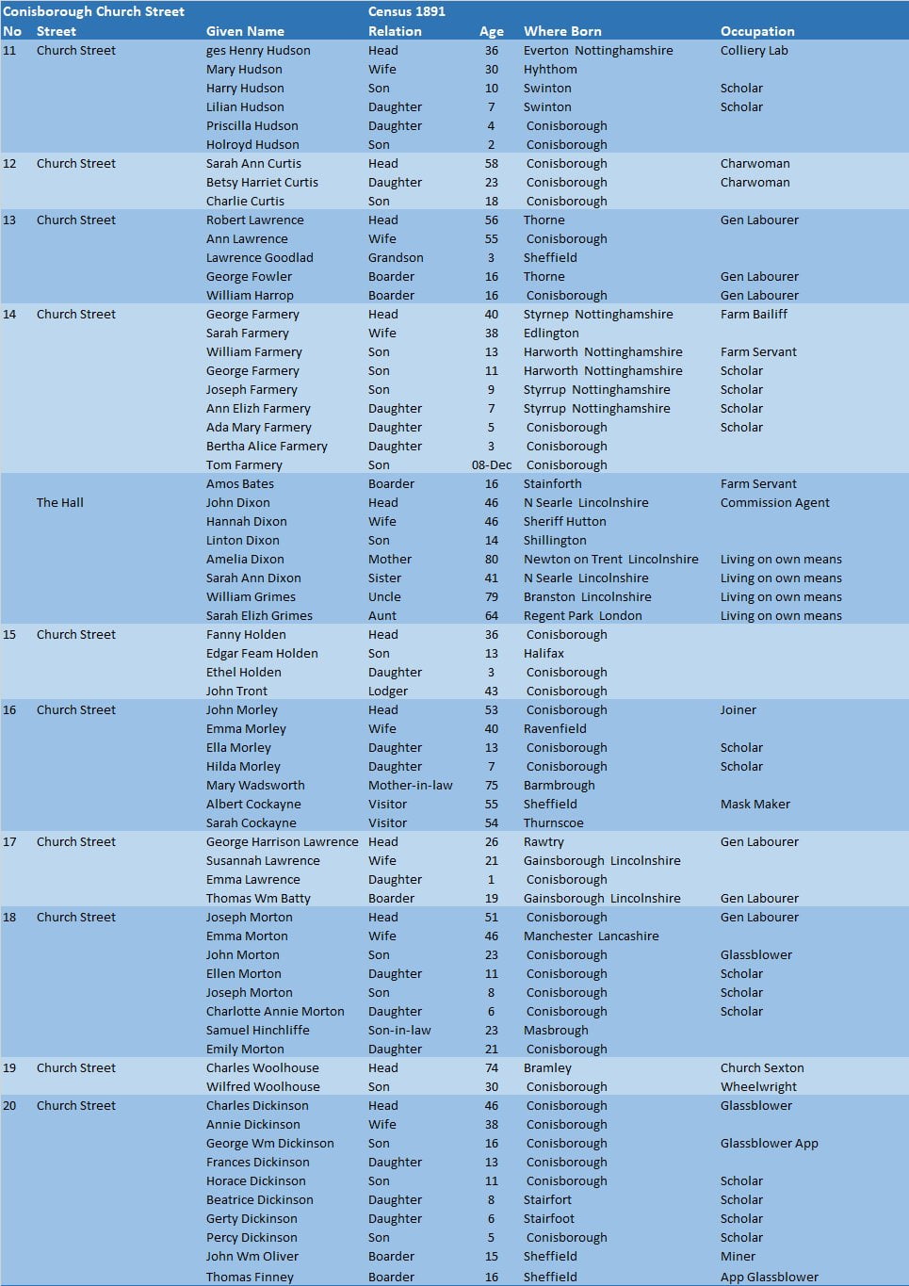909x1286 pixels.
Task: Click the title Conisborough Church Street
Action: click(x=93, y=12)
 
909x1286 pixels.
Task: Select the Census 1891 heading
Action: click(x=406, y=12)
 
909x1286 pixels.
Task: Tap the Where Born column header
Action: click(x=561, y=31)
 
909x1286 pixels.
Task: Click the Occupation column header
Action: click(x=756, y=31)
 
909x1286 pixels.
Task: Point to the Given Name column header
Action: click(x=245, y=31)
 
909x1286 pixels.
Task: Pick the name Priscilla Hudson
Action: click(x=252, y=125)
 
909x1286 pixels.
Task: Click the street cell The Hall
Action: click(x=59, y=502)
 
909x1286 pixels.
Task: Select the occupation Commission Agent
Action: click(x=774, y=502)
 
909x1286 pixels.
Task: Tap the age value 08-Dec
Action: click(x=491, y=464)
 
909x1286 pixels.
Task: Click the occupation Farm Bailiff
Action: click(x=754, y=314)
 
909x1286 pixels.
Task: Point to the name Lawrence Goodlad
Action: click(x=259, y=257)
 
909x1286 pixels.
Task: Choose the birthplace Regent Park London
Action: click(x=582, y=615)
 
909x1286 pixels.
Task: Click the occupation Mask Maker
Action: click(x=755, y=804)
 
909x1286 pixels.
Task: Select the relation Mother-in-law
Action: click(x=410, y=785)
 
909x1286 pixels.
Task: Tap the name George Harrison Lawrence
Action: click(x=282, y=841)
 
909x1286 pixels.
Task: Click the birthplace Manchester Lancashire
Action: click(x=591, y=936)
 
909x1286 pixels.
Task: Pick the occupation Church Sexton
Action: click(x=762, y=1067)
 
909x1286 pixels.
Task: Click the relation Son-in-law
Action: click(x=398, y=1030)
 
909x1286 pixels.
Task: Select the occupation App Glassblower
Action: click(x=769, y=1277)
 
